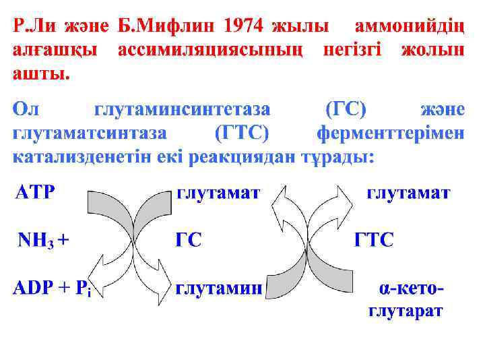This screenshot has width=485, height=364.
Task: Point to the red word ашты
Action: coord(41,73)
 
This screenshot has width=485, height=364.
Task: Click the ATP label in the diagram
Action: coord(35,193)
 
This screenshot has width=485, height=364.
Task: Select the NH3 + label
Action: coord(43,239)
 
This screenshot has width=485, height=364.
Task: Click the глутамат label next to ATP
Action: coord(218,193)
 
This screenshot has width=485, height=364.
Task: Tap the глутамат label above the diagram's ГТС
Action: coord(408,193)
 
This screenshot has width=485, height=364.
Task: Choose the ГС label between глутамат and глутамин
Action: coord(189,240)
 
